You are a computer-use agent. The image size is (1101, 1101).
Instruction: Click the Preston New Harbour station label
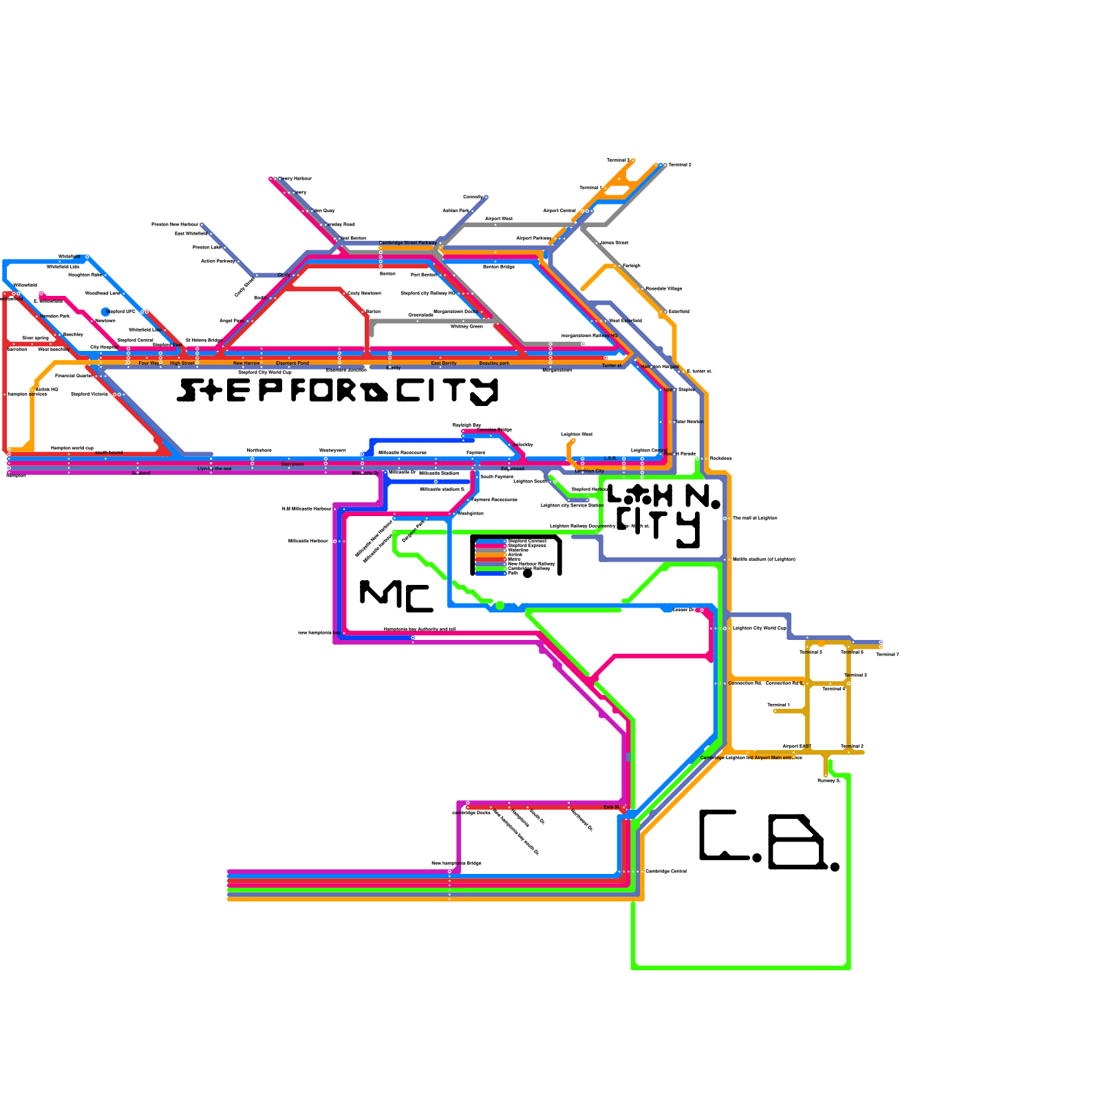(175, 224)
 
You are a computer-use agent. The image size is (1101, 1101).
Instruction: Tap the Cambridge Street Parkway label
(407, 243)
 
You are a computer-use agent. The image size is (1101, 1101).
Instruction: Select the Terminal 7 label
(888, 654)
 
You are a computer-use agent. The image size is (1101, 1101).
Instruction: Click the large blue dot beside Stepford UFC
(105, 312)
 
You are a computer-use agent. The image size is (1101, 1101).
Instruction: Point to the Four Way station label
(149, 363)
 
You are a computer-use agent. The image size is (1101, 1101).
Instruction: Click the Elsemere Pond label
(292, 363)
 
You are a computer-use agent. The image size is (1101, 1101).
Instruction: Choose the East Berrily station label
(444, 363)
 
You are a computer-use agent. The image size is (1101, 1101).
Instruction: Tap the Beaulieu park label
(494, 363)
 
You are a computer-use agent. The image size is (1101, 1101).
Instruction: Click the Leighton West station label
(577, 434)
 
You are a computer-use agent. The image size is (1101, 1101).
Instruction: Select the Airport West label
(499, 219)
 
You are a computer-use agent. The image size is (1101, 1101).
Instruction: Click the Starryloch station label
(292, 464)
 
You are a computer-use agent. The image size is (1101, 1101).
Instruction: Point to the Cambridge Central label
(665, 871)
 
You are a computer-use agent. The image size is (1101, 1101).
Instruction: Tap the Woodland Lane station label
(103, 293)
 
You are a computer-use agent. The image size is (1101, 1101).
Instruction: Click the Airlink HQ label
(47, 389)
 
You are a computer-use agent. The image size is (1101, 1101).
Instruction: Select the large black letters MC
(396, 596)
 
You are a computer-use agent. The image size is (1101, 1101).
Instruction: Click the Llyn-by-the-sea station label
(214, 469)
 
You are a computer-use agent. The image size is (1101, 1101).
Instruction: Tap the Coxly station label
(284, 275)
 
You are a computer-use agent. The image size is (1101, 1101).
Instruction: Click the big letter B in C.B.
(796, 842)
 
